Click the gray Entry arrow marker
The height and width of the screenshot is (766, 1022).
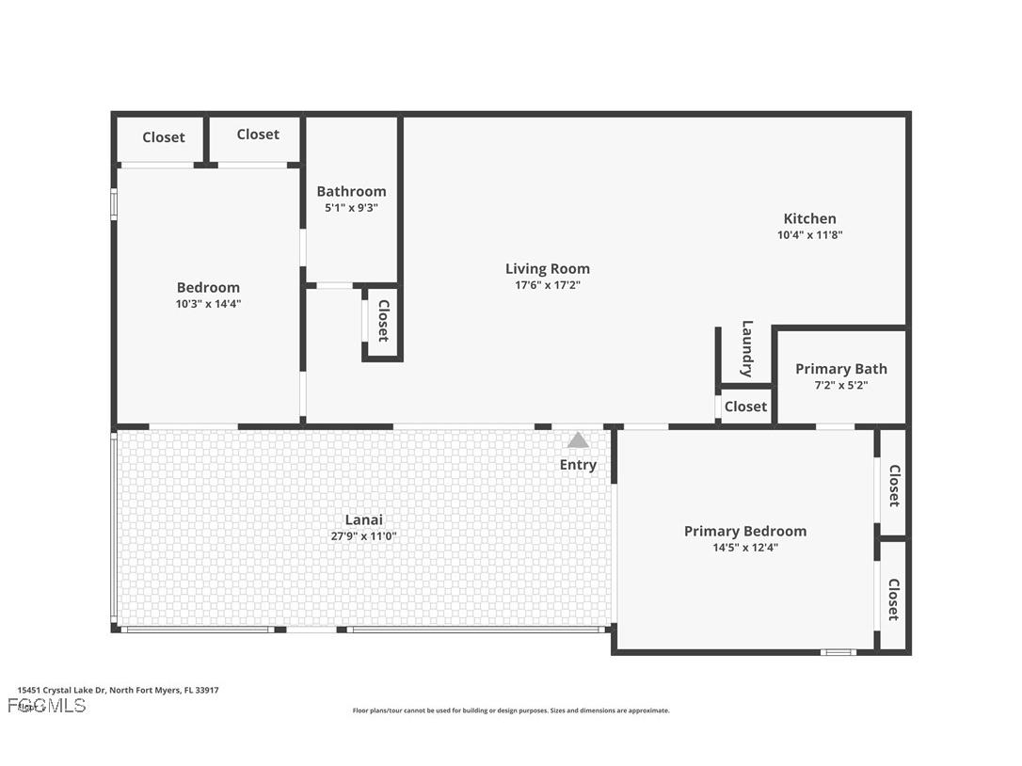click(x=578, y=440)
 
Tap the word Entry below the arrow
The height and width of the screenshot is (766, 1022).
click(x=578, y=465)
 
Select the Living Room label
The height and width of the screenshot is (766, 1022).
click(x=548, y=269)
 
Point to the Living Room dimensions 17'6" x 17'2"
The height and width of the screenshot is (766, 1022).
click(x=548, y=285)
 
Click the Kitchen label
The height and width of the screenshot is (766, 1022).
click(x=809, y=218)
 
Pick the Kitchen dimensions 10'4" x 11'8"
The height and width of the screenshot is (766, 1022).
click(x=809, y=235)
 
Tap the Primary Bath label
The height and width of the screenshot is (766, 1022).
click(x=840, y=369)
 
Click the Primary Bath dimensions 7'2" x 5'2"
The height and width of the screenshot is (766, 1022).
click(x=840, y=385)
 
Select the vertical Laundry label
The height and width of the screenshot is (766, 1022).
click(x=747, y=349)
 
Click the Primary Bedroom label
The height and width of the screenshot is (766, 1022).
click(x=744, y=531)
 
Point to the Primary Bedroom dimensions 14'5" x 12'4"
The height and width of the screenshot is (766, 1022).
click(x=744, y=548)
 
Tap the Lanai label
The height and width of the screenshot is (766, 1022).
click(x=363, y=519)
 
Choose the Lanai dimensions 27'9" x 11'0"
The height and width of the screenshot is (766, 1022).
click(x=363, y=536)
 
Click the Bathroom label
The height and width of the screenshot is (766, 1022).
click(x=351, y=191)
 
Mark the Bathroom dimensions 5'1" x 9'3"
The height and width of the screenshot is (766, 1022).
click(x=351, y=208)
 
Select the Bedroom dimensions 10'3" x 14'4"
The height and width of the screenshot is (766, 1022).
click(x=208, y=304)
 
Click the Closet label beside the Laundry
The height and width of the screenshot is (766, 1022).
click(x=745, y=407)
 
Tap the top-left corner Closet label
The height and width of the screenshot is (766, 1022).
click(x=164, y=137)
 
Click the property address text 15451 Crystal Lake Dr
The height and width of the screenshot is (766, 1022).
click(x=118, y=690)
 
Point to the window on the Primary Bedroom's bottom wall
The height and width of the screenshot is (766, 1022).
click(x=837, y=652)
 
